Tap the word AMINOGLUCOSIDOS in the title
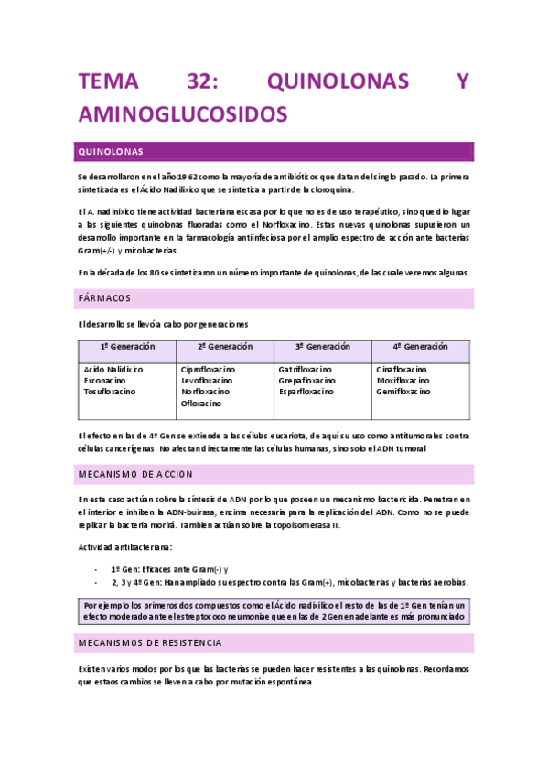tap(183, 113)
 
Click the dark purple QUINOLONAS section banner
tap(274, 151)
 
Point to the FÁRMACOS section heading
tap(105, 298)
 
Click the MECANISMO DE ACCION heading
tap(135, 474)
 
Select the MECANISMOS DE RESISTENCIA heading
tap(150, 643)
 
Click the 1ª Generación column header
tap(127, 348)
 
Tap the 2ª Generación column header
tap(225, 348)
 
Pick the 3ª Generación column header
tap(323, 348)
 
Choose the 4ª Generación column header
tap(420, 348)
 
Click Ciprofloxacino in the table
tap(209, 369)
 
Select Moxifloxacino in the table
tap(403, 380)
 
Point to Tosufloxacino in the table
tap(110, 391)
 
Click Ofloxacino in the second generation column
tap(201, 403)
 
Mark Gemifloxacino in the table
tap(403, 391)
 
